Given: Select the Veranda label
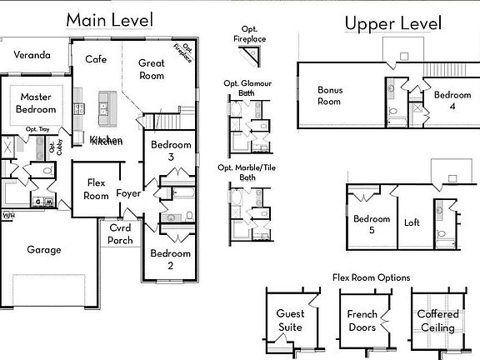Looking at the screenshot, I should pyautogui.click(x=32, y=56).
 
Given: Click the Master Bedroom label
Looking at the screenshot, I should pyautogui.click(x=37, y=103).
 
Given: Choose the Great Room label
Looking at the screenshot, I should pyautogui.click(x=151, y=69).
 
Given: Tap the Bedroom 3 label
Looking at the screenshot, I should pyautogui.click(x=171, y=151).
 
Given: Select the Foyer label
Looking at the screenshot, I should pyautogui.click(x=128, y=193).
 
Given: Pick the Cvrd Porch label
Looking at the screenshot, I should pyautogui.click(x=120, y=234).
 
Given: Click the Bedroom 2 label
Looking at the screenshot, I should pyautogui.click(x=171, y=259).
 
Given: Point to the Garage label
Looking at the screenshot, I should pyautogui.click(x=43, y=249).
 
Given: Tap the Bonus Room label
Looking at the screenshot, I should pyautogui.click(x=329, y=96).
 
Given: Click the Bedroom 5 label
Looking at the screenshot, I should pyautogui.click(x=371, y=225).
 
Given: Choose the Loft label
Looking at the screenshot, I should pyautogui.click(x=412, y=222).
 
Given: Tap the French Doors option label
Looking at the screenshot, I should pyautogui.click(x=362, y=321).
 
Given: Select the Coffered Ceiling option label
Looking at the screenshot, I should pyautogui.click(x=437, y=322).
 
